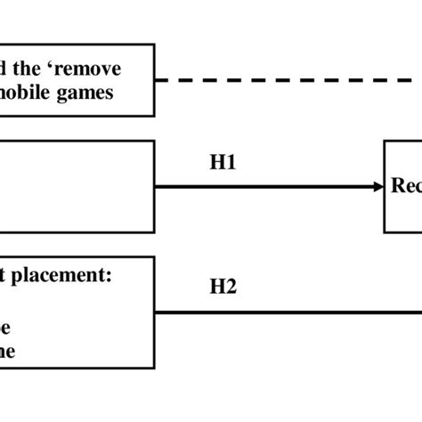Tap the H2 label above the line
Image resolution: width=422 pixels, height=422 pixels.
pyautogui.click(x=223, y=287)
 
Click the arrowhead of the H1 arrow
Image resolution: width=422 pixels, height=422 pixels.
pyautogui.click(x=377, y=187)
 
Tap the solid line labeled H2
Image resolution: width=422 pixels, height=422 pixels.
pyautogui.click(x=285, y=312)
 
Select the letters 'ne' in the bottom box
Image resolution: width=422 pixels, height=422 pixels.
pyautogui.click(x=8, y=350)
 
